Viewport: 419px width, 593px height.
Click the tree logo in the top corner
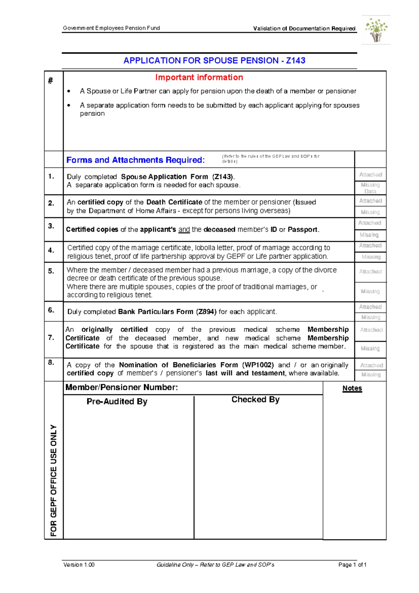click(376, 30)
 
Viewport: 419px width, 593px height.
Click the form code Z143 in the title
click(295, 60)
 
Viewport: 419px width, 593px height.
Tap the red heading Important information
click(199, 77)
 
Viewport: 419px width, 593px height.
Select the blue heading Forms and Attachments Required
click(135, 160)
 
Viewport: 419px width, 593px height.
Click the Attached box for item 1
click(370, 174)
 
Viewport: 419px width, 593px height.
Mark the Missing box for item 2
click(370, 212)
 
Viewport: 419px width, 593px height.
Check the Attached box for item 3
click(370, 223)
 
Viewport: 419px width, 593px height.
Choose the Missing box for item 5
click(370, 291)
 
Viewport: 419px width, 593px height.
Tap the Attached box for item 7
click(371, 330)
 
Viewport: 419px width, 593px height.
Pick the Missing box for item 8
click(371, 374)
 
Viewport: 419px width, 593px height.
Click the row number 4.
click(51, 250)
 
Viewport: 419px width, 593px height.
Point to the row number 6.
click(51, 310)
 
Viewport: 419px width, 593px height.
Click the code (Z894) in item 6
click(206, 312)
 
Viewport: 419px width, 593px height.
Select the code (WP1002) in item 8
click(258, 365)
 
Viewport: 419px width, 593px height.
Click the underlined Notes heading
click(352, 388)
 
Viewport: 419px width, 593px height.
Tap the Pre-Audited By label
click(117, 401)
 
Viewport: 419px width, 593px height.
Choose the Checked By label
click(255, 399)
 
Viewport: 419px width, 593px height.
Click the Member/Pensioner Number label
click(122, 387)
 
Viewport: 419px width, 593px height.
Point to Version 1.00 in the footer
click(79, 565)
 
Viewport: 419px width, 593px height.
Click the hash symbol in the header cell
click(51, 81)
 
